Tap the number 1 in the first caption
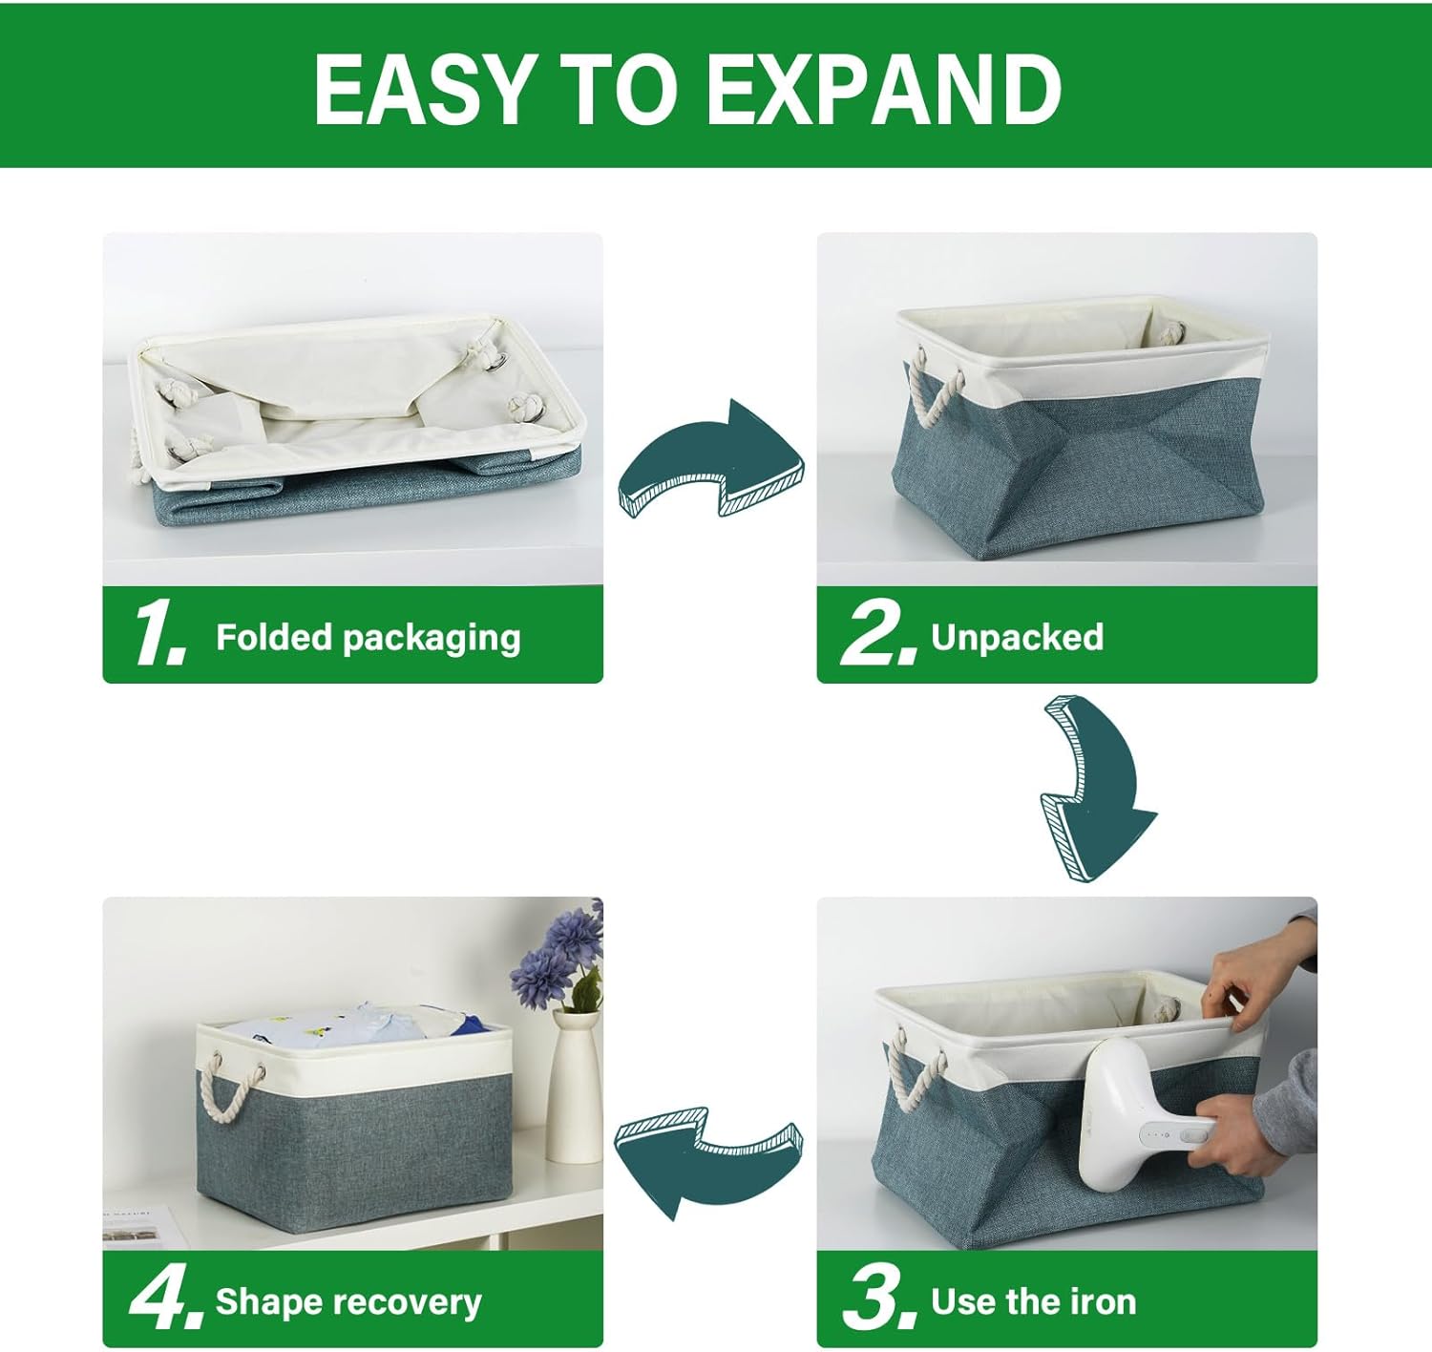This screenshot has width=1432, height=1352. point(158,634)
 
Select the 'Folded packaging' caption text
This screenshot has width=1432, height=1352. point(368,637)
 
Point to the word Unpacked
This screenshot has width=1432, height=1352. point(1017,637)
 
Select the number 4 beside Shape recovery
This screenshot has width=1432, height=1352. point(165,1299)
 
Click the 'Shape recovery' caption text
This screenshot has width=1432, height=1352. point(348,1301)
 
